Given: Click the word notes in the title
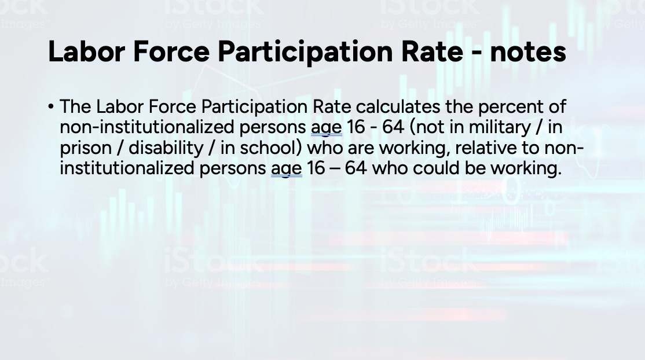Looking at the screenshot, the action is (528, 52).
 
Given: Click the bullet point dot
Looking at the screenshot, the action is (50, 107).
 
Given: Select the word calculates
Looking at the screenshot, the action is (398, 106).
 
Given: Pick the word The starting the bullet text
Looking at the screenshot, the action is (75, 106).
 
